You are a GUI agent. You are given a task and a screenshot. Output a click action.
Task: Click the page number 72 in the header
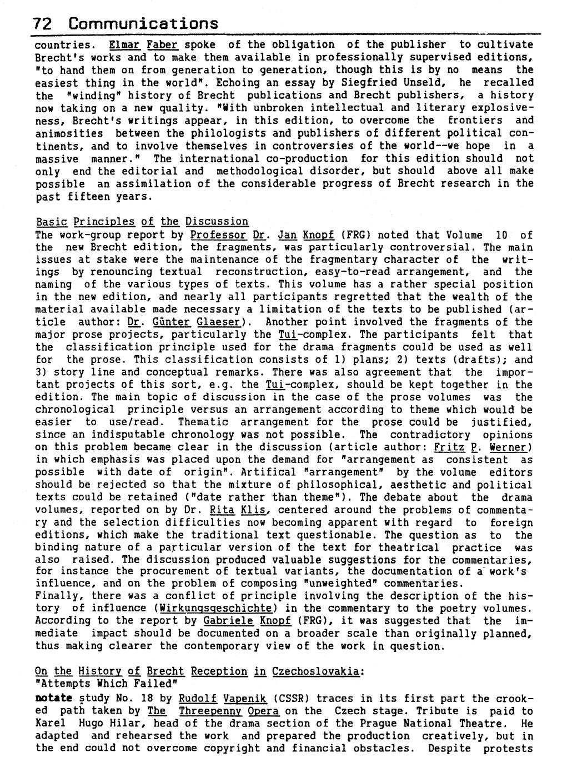pos(43,24)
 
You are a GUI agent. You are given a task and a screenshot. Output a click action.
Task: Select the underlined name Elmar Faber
pos(143,44)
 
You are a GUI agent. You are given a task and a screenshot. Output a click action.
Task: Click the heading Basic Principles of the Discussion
pos(142,222)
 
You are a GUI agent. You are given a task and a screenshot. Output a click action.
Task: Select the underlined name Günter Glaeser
pos(186,322)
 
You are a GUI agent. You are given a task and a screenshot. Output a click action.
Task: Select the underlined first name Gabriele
pos(228,621)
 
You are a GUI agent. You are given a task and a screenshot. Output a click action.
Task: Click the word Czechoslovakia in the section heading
pos(315,671)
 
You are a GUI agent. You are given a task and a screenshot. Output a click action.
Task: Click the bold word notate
pos(53,699)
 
